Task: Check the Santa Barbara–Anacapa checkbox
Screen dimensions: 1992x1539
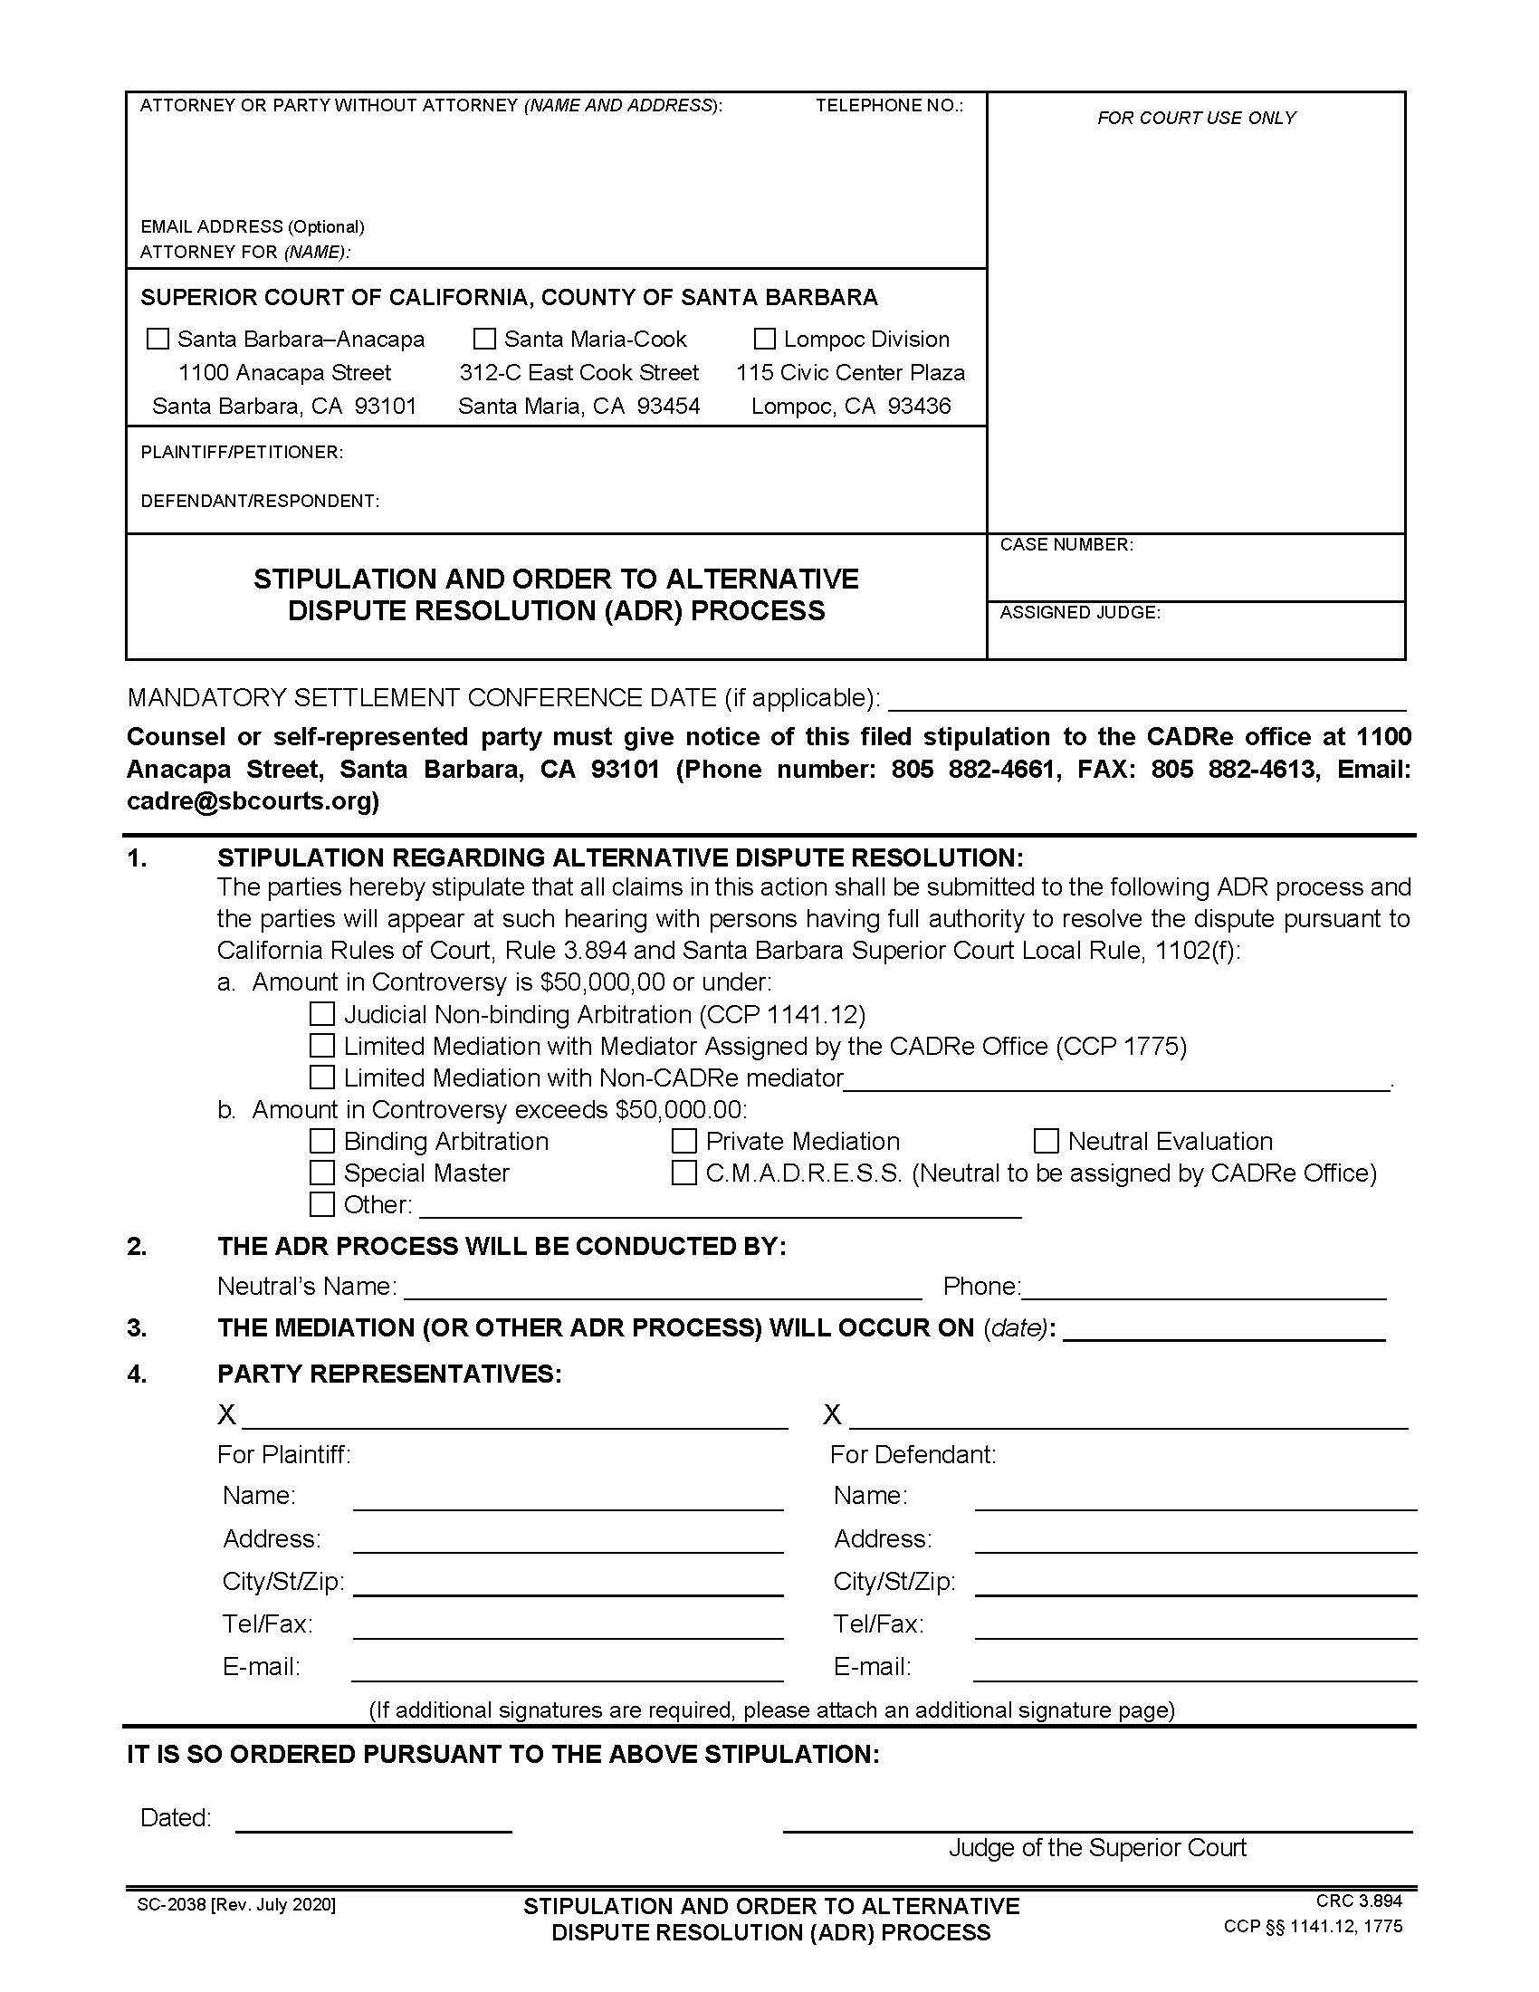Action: tap(158, 340)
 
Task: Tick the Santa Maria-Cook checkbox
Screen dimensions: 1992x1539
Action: tap(484, 340)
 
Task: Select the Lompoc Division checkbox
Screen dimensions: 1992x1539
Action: tap(764, 340)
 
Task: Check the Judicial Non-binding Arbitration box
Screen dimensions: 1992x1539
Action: tap(322, 1014)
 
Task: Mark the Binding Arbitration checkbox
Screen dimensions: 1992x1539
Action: tap(322, 1141)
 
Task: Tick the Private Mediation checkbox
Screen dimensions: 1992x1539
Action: tap(683, 1141)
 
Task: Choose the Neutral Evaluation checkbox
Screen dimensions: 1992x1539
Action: tap(1046, 1141)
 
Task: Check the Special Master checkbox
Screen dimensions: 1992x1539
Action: tap(322, 1172)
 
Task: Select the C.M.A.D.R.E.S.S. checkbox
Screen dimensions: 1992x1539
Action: tap(683, 1172)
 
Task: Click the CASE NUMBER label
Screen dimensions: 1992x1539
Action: tap(1066, 544)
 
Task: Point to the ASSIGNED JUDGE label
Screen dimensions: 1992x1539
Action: tap(1079, 612)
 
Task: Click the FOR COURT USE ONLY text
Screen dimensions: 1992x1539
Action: tap(1195, 118)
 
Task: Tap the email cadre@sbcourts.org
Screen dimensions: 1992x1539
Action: tap(253, 800)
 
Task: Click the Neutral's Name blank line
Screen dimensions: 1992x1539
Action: tap(662, 1288)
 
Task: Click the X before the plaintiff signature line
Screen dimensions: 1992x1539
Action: tap(226, 1414)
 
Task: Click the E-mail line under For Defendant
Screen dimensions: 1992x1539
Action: tap(1194, 1669)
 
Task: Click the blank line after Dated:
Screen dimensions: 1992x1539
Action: tap(373, 1821)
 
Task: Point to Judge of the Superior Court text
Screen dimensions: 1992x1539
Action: tap(1097, 1847)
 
